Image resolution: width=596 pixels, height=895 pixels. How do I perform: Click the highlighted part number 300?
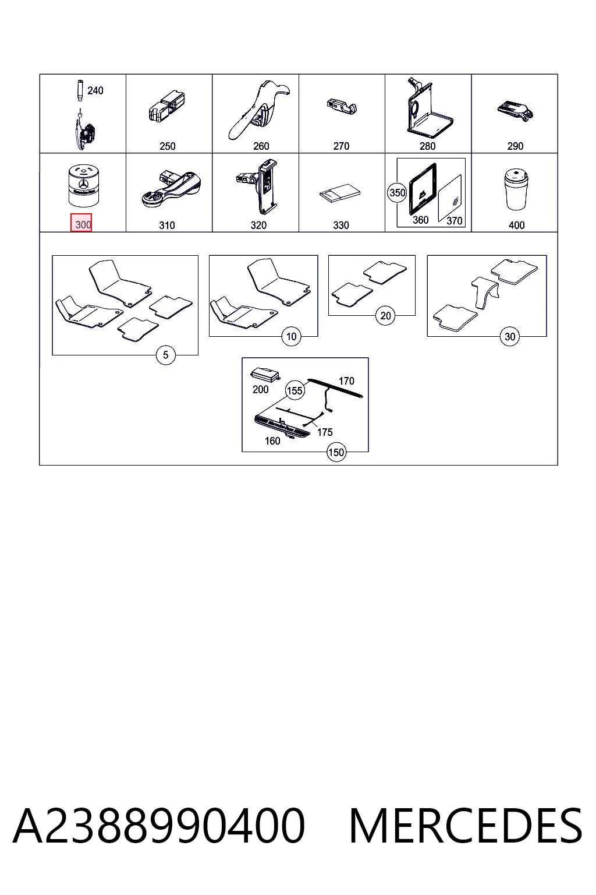click(81, 223)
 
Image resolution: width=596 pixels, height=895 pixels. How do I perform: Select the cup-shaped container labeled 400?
click(516, 189)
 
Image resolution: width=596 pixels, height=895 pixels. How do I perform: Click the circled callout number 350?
click(397, 193)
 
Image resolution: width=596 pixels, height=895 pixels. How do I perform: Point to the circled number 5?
click(165, 355)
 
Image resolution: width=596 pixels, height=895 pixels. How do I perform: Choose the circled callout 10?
click(291, 336)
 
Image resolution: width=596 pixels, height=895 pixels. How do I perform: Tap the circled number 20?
click(385, 316)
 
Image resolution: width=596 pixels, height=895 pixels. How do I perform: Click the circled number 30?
click(509, 336)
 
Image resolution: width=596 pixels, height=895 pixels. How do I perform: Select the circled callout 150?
click(336, 452)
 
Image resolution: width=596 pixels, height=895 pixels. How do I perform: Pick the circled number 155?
click(295, 390)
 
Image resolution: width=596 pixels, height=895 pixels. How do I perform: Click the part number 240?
click(95, 91)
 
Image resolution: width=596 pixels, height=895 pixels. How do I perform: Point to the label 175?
click(325, 432)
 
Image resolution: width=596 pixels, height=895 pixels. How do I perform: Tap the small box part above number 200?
click(265, 374)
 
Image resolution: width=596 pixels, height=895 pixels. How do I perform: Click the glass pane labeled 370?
click(450, 198)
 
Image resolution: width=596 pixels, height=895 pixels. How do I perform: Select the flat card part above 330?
click(340, 193)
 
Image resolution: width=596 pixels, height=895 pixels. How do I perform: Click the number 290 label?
click(515, 146)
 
